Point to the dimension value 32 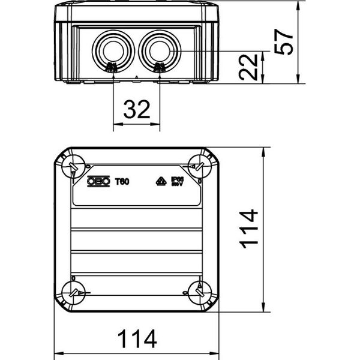(137, 110)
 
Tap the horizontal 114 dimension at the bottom (137, 338)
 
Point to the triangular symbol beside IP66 (161, 181)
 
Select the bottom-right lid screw (199, 293)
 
